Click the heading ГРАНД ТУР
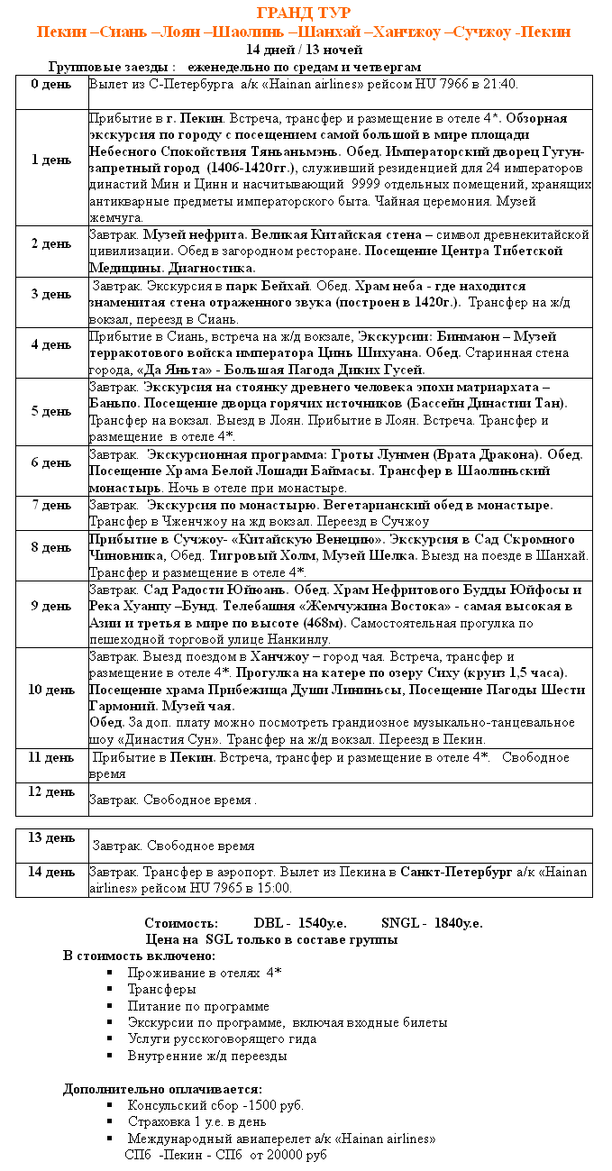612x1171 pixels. tap(304, 13)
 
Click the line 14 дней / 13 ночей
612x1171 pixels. tap(304, 50)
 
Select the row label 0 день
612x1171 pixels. tap(51, 84)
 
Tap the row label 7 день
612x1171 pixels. tap(51, 504)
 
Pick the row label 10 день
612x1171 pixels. tap(51, 690)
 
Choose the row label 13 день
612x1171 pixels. tap(51, 837)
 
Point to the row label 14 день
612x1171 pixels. tap(51, 872)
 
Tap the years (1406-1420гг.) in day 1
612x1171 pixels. tap(246, 169)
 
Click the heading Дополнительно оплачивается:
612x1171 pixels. tap(162, 1089)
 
